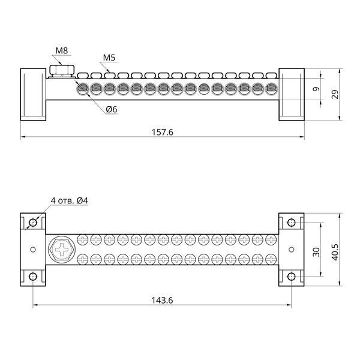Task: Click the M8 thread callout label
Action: coord(62,50)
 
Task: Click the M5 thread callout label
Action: coord(109,58)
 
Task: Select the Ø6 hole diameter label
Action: coord(112,110)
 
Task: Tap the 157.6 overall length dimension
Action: coord(163,132)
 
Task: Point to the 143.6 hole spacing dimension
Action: coord(162,301)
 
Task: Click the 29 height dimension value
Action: coord(335,94)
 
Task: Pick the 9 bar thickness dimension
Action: coord(316,89)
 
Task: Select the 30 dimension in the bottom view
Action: coord(316,252)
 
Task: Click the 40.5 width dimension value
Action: coord(335,252)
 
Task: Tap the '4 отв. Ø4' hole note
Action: coord(70,200)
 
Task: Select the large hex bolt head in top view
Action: coord(62,250)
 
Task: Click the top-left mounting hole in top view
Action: coord(33,223)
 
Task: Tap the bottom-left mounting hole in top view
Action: coord(33,277)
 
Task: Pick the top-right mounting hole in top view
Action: coord(292,223)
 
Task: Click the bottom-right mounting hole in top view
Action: coord(292,277)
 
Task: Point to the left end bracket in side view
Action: coord(33,94)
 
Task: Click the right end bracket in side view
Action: coord(292,94)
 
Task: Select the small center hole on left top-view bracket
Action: coord(33,250)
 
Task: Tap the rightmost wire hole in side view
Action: coord(271,88)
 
